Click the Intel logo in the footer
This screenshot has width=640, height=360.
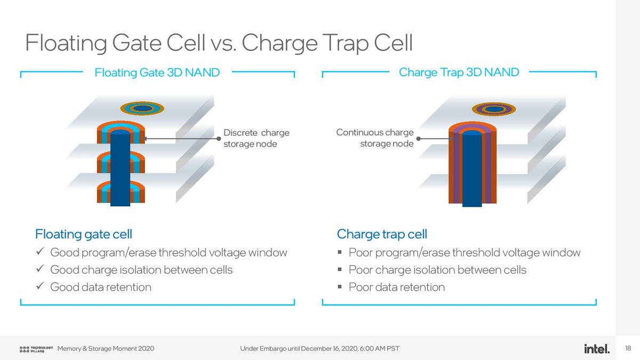click(597, 349)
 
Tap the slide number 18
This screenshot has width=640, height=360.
click(628, 349)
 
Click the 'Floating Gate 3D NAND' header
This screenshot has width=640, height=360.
click(157, 73)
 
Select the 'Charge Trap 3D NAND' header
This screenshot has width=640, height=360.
click(459, 73)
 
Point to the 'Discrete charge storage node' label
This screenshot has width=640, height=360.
click(256, 138)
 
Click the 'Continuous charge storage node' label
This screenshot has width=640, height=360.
click(375, 138)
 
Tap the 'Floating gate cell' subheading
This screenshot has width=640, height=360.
click(83, 234)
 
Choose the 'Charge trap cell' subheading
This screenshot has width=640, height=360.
click(382, 234)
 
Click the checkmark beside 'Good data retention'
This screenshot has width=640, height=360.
click(39, 287)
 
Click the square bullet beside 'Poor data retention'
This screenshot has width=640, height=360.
click(340, 287)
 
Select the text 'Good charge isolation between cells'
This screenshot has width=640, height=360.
click(141, 270)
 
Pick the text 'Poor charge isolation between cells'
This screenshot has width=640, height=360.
click(437, 270)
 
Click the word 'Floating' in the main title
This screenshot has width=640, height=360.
click(66, 43)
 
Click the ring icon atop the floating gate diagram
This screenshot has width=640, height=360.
click(142, 108)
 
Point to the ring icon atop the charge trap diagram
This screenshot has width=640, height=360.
click(494, 109)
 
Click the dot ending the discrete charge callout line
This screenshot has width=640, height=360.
click(219, 139)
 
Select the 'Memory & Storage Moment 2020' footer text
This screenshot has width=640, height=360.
click(106, 349)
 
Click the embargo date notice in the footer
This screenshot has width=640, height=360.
click(319, 349)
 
